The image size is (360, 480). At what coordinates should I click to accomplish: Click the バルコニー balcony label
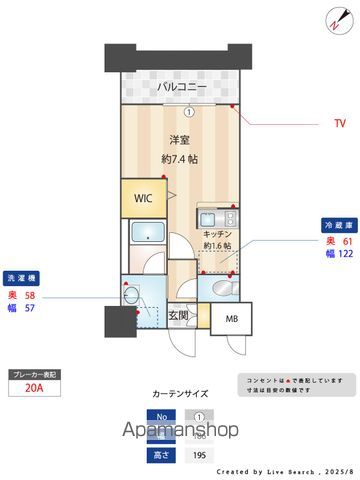[181, 89]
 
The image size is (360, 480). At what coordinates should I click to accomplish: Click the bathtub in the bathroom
[148, 238]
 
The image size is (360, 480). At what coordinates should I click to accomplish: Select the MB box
[232, 320]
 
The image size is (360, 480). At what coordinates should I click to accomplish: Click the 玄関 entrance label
[179, 316]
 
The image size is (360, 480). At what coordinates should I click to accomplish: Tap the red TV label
[340, 124]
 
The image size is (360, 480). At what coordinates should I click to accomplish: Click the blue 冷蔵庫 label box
[334, 227]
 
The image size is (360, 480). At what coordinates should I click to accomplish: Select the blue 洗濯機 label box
[24, 278]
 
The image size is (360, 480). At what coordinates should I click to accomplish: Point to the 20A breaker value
[33, 393]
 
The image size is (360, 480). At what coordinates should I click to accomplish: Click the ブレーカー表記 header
[34, 373]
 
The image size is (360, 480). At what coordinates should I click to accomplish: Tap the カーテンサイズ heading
[181, 394]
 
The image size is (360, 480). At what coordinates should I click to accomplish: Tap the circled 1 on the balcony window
[189, 111]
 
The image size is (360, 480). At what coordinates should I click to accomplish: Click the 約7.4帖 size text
[181, 159]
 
